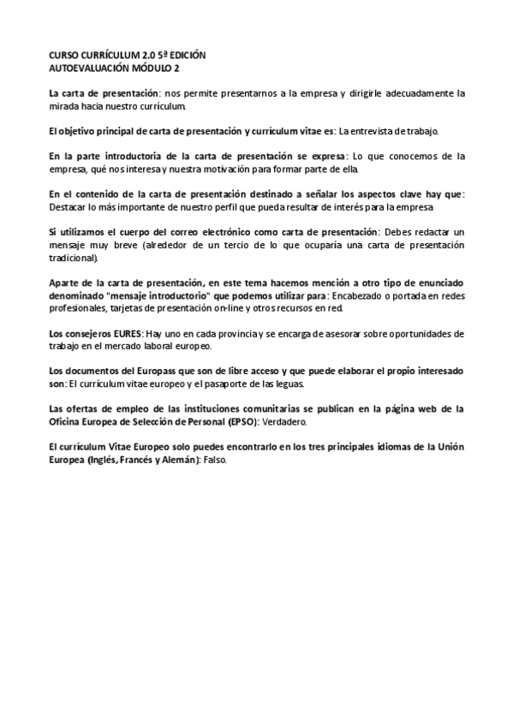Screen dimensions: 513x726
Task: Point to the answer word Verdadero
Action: [x=294, y=422]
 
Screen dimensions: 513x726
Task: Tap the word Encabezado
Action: [x=367, y=295]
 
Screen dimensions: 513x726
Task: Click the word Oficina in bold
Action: [x=67, y=422]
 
